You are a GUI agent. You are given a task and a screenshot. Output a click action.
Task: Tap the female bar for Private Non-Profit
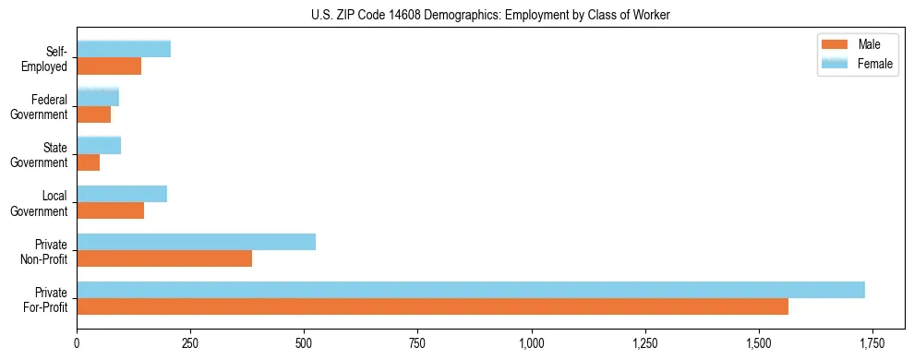196,242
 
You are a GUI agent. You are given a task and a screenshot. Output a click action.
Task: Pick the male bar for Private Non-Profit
164,258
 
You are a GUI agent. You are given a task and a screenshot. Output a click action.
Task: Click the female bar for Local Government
122,194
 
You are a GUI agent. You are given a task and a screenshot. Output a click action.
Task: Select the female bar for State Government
99,146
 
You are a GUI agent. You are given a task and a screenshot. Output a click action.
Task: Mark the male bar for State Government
89,162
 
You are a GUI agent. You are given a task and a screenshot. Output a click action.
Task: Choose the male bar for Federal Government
94,114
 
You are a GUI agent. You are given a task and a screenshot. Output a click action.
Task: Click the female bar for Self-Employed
124,50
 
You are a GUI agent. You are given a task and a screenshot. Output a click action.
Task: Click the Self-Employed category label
49,58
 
